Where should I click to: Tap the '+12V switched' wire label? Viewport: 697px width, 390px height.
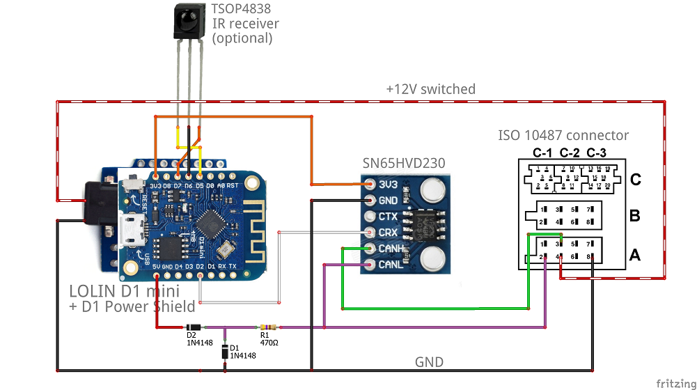[x=430, y=89]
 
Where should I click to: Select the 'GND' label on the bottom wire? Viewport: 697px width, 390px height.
[x=429, y=362]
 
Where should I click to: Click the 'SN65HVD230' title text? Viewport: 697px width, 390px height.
[x=404, y=163]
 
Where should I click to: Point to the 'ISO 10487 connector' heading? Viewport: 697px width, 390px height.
[x=563, y=136]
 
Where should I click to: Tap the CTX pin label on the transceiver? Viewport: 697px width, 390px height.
[x=387, y=217]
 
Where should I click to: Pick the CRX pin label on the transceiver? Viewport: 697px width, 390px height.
[x=387, y=233]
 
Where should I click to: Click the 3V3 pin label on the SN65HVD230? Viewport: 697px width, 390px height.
[x=387, y=185]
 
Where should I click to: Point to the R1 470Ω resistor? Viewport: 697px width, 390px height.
[x=266, y=327]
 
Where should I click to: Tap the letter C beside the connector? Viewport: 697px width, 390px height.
[x=635, y=180]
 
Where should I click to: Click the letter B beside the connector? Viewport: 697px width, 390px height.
[x=635, y=216]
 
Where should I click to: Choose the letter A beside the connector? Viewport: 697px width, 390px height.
[x=635, y=256]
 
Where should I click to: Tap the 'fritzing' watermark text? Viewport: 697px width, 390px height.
[x=674, y=383]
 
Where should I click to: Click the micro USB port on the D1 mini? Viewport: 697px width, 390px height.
[x=130, y=231]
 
